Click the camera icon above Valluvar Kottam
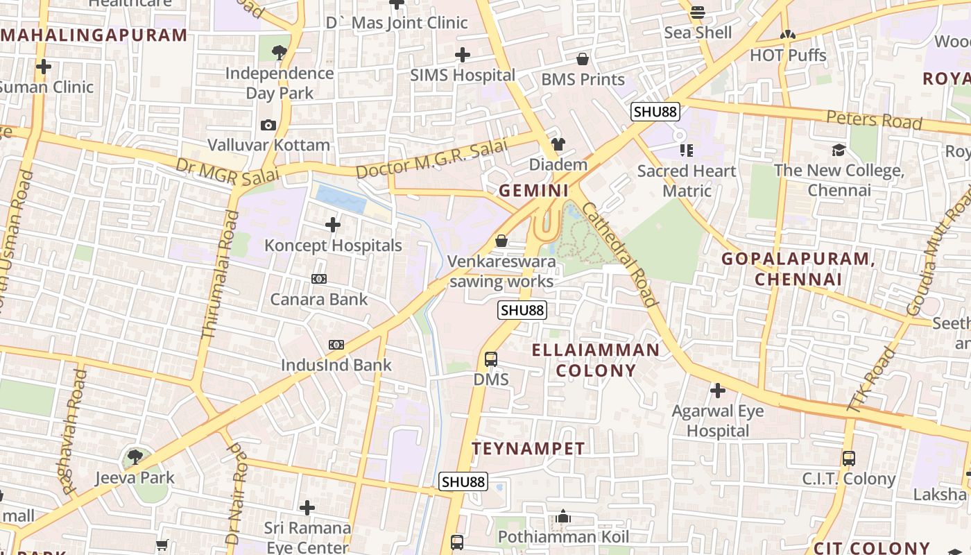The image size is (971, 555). coord(268,126)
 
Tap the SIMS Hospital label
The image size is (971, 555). coord(463,75)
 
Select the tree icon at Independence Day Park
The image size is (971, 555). coord(280,51)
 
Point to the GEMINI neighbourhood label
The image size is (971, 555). coord(534,190)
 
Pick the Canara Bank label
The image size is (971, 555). coord(319,299)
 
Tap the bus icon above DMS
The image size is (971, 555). coord(491,359)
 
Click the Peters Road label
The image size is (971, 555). coord(874,120)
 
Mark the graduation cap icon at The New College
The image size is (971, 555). coord(839,150)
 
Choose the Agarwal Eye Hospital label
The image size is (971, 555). coord(718,420)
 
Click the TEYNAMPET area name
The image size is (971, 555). coord(529,449)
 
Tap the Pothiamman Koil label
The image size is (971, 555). coord(563,537)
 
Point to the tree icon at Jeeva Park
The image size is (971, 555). coord(135,457)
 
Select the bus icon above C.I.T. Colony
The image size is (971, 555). coord(849,459)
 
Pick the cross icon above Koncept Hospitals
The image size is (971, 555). coord(333,225)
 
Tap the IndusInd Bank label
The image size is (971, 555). coord(336,365)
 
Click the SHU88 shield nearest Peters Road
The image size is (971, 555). coord(655,112)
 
